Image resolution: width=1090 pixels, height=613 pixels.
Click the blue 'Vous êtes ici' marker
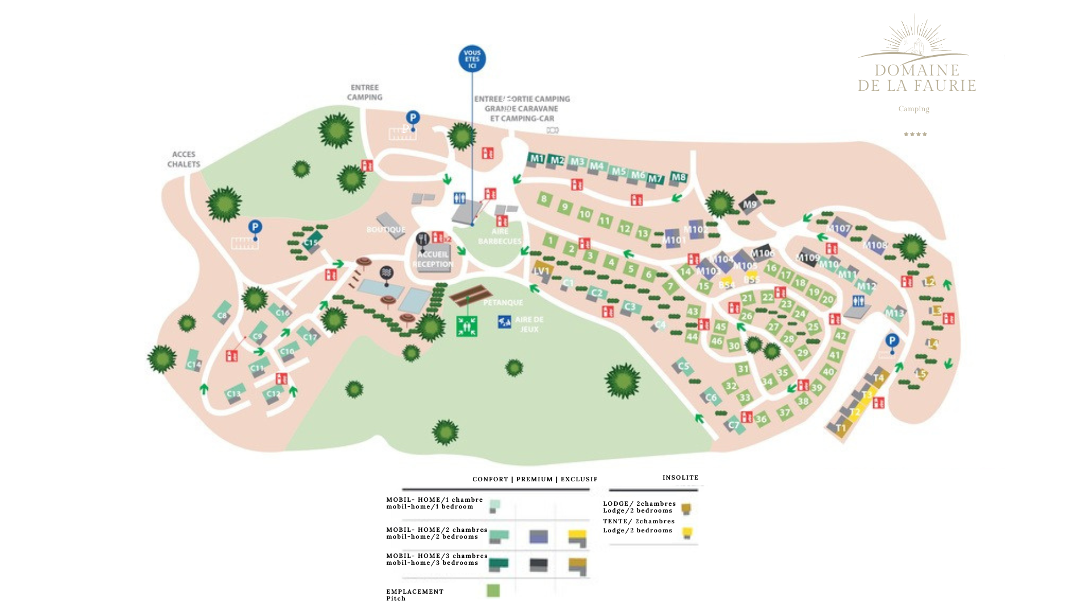[x=472, y=59]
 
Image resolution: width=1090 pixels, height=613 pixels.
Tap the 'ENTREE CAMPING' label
[x=364, y=93]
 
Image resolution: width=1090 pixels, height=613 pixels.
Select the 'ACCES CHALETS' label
[x=183, y=159]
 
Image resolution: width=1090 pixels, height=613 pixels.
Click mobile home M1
[x=536, y=159]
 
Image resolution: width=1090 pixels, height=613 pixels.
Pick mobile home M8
[x=678, y=178]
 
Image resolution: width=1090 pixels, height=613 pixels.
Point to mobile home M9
[x=749, y=204]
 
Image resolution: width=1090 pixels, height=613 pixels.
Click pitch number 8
[x=544, y=199]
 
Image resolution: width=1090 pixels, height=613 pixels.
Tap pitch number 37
[x=785, y=413]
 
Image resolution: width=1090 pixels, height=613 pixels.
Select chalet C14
[x=194, y=364]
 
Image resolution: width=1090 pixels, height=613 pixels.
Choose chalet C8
[x=222, y=315]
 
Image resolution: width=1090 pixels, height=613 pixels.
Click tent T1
[x=841, y=428]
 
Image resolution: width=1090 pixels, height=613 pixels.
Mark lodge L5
[x=921, y=374]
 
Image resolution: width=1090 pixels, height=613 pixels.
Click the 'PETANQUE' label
[x=503, y=303]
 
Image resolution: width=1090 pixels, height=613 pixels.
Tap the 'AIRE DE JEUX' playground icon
[x=504, y=322]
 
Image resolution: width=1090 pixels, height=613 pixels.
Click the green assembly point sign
[x=467, y=326]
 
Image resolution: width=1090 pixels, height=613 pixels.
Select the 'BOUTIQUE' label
[x=386, y=230]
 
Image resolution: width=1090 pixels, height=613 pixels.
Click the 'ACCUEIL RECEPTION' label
[x=433, y=259]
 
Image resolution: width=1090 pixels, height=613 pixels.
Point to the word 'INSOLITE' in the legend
[x=680, y=478]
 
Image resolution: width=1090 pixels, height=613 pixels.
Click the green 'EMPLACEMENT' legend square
[x=493, y=591]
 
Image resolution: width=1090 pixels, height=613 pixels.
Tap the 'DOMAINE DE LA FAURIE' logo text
[x=917, y=78]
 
